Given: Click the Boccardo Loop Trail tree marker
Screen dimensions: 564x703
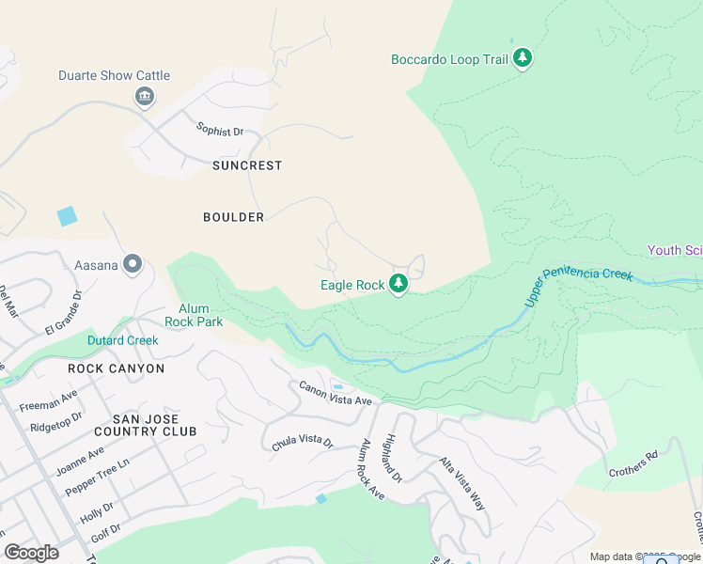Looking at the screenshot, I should pyautogui.click(x=523, y=59).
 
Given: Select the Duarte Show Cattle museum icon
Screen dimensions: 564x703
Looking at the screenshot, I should pyautogui.click(x=145, y=96).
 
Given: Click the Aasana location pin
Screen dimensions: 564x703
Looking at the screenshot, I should pyautogui.click(x=133, y=265).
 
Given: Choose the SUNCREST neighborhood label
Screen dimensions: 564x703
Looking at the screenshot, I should pyautogui.click(x=247, y=165).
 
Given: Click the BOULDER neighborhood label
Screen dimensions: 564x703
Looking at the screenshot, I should pyautogui.click(x=234, y=217).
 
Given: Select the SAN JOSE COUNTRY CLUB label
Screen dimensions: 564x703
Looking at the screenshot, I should pyautogui.click(x=154, y=425).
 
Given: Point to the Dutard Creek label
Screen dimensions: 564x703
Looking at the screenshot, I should pyautogui.click(x=122, y=340).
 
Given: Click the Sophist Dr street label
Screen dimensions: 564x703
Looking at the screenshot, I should pyautogui.click(x=219, y=130).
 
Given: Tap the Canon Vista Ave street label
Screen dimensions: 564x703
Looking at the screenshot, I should pyautogui.click(x=336, y=393).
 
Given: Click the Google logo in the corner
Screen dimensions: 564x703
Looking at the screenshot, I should pyautogui.click(x=31, y=553).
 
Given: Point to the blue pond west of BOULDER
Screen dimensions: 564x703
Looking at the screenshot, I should pyautogui.click(x=67, y=216).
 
